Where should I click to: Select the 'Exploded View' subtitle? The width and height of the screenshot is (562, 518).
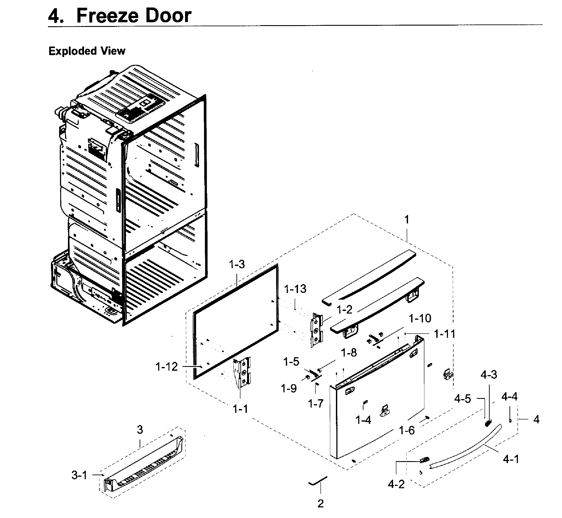pos(87,51)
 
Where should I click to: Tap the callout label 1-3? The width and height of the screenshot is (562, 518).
pos(237,264)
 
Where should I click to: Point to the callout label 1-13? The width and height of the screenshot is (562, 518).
pos(295,289)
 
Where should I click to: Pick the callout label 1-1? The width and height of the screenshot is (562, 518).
pos(240,409)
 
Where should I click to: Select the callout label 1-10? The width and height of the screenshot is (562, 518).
pos(420,318)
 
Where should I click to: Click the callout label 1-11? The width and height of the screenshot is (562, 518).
pos(445,334)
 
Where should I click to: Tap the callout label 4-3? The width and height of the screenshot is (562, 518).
pos(489,375)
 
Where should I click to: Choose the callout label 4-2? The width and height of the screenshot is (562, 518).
pos(396,484)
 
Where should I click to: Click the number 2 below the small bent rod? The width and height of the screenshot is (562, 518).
pos(320,504)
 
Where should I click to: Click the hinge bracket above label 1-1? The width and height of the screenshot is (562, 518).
pos(242,373)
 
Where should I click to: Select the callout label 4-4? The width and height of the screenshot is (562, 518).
pos(509,397)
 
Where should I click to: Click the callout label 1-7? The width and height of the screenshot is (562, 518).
pos(316,404)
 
